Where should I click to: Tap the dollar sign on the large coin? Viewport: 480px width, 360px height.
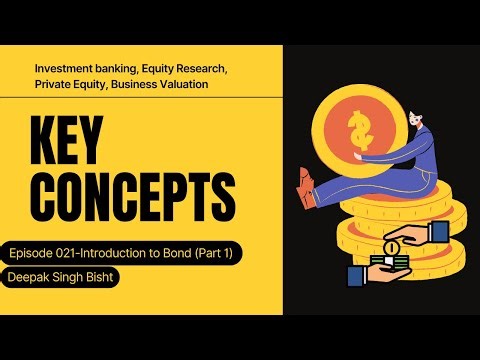358,129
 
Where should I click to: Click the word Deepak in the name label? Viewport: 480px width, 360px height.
31,278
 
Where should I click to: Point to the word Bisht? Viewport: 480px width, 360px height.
99,278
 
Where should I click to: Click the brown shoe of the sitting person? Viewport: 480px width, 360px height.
305,185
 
